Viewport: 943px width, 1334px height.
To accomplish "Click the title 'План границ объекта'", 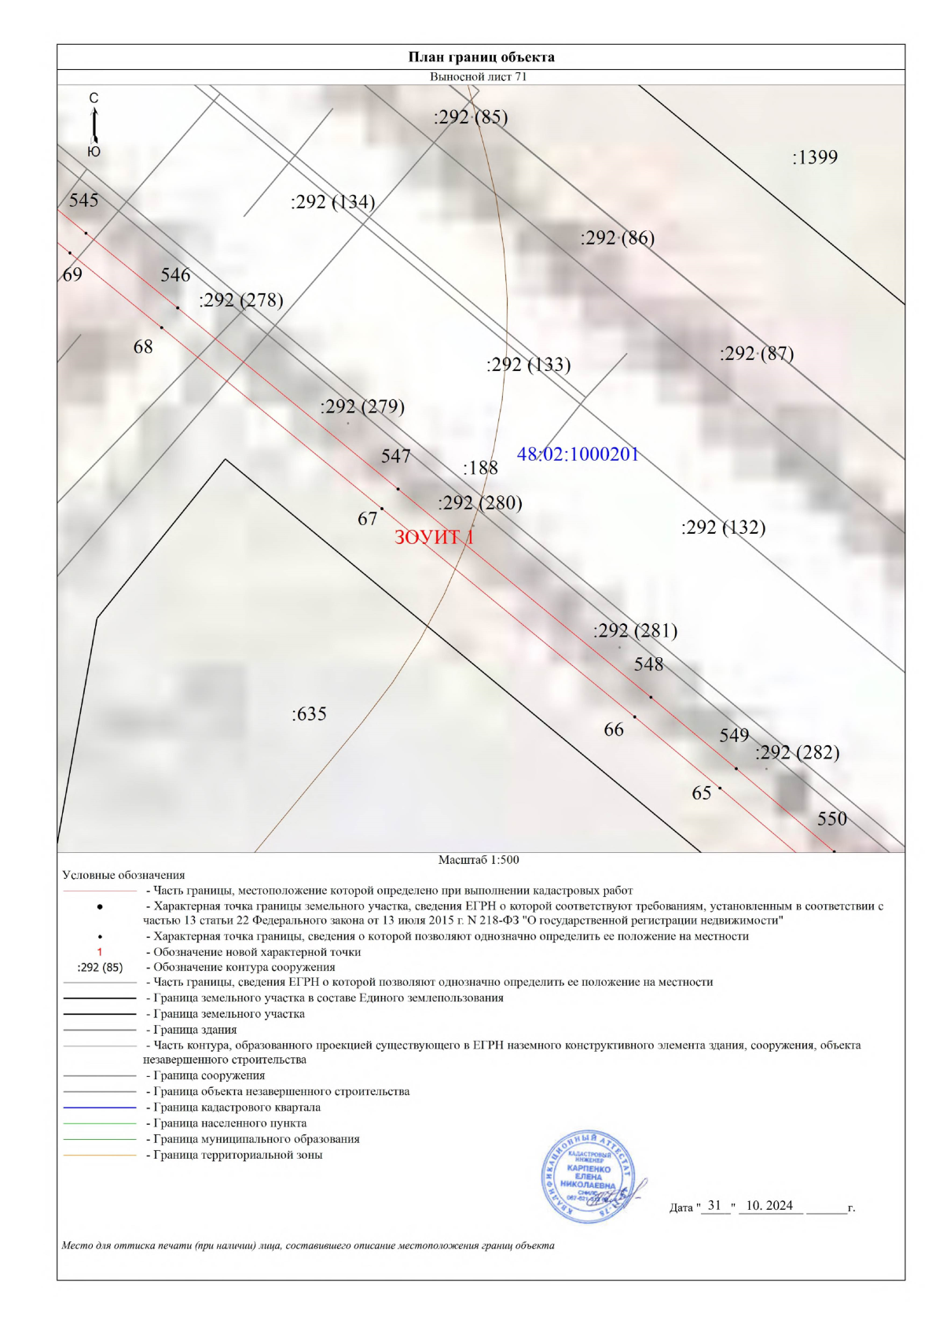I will point(481,57).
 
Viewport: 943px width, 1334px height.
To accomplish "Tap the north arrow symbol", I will point(94,124).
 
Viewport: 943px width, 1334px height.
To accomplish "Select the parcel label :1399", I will point(815,157).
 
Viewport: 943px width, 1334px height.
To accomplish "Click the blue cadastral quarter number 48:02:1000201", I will point(578,454).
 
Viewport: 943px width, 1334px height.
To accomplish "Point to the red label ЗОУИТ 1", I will point(434,537).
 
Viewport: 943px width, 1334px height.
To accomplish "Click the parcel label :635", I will point(309,714).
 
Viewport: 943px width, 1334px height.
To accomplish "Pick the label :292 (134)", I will point(332,202).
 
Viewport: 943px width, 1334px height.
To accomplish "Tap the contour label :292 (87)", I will point(757,354).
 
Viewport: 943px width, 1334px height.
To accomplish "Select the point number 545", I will point(84,200).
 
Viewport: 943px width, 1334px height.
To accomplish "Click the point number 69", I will point(72,274).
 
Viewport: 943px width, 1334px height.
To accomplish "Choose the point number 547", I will point(396,457).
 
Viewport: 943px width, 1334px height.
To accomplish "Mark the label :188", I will point(480,469).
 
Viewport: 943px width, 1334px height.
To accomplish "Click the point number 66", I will point(614,729).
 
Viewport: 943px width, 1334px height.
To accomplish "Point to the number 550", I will point(832,819).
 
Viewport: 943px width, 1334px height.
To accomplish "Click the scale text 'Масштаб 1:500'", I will point(479,860).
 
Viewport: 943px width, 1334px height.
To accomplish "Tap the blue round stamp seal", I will point(589,1177).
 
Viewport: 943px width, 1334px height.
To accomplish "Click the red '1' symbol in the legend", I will point(100,952).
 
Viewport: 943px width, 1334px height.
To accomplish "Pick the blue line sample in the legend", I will point(100,1108).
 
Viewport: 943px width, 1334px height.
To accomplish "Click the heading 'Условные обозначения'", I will point(123,875).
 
